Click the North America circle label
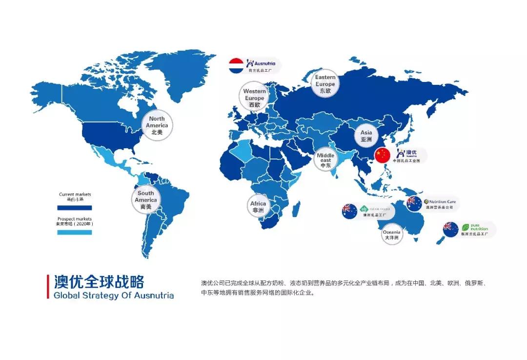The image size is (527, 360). point(157,125)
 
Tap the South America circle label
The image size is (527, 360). point(146,200)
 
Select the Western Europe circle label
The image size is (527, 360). point(254,98)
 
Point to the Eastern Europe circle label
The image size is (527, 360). point(325,84)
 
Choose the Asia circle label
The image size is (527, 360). point(366,135)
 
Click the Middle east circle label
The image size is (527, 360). point(326,160)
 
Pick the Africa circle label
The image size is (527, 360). point(258,206)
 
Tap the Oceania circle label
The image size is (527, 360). point(391,235)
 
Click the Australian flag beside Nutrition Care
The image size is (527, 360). point(414,203)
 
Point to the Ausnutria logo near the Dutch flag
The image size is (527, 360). point(261,63)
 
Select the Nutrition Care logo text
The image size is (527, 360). point(442,201)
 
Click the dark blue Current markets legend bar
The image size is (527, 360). point(75,207)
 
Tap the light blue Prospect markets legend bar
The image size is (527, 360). point(75,232)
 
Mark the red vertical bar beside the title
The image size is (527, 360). point(48,286)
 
